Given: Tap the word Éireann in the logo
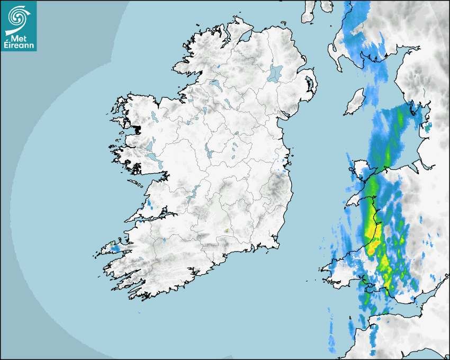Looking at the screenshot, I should (19, 46).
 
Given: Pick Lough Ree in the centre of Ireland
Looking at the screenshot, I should (209, 152).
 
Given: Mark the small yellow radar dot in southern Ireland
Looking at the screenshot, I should (227, 230).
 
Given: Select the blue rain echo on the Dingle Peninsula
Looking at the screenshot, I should (114, 247).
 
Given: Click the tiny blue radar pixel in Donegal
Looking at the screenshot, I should (218, 66).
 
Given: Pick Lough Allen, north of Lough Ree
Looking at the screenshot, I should (203, 110).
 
